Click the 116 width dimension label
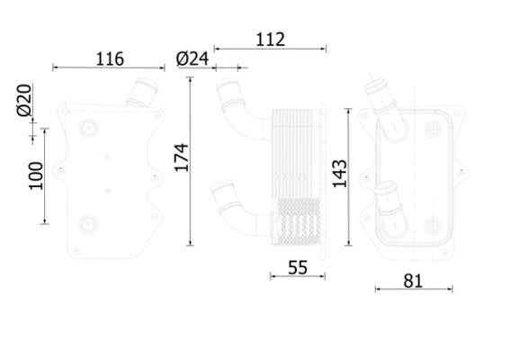(109, 59)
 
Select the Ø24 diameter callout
(192, 59)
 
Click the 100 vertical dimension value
(35, 176)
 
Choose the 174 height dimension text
(181, 158)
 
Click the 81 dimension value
(412, 280)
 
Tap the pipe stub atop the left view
(141, 93)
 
